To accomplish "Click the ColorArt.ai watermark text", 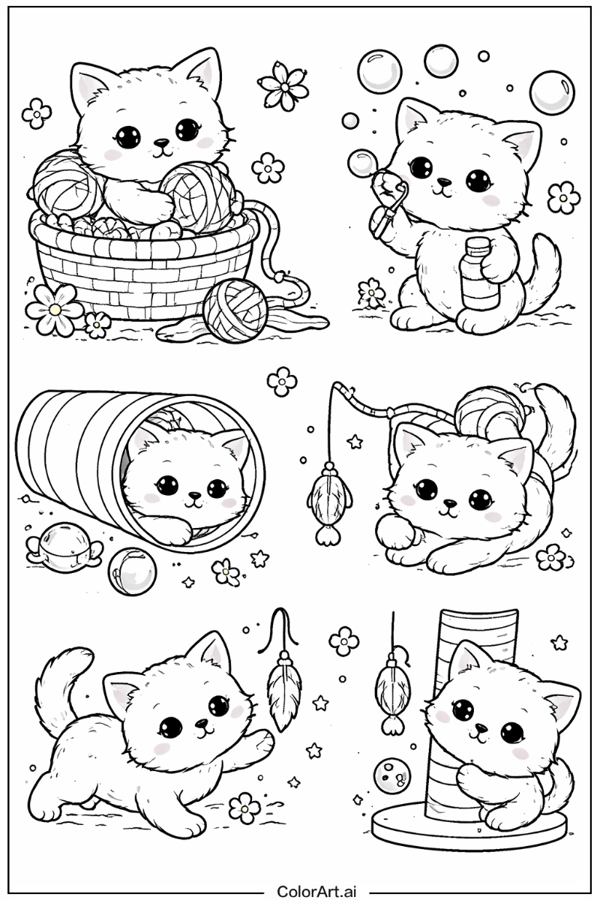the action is (x=316, y=892).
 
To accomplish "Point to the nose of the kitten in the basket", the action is (x=162, y=142).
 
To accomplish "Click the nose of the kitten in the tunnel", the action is (x=194, y=495).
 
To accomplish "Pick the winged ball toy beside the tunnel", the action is (x=64, y=546).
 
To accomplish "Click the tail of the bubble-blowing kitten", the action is (x=545, y=268).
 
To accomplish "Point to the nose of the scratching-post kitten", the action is (x=479, y=727).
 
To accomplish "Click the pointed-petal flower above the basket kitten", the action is (x=283, y=85).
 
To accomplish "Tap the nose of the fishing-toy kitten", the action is (x=449, y=502).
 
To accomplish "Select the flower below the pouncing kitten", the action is (x=244, y=808).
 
